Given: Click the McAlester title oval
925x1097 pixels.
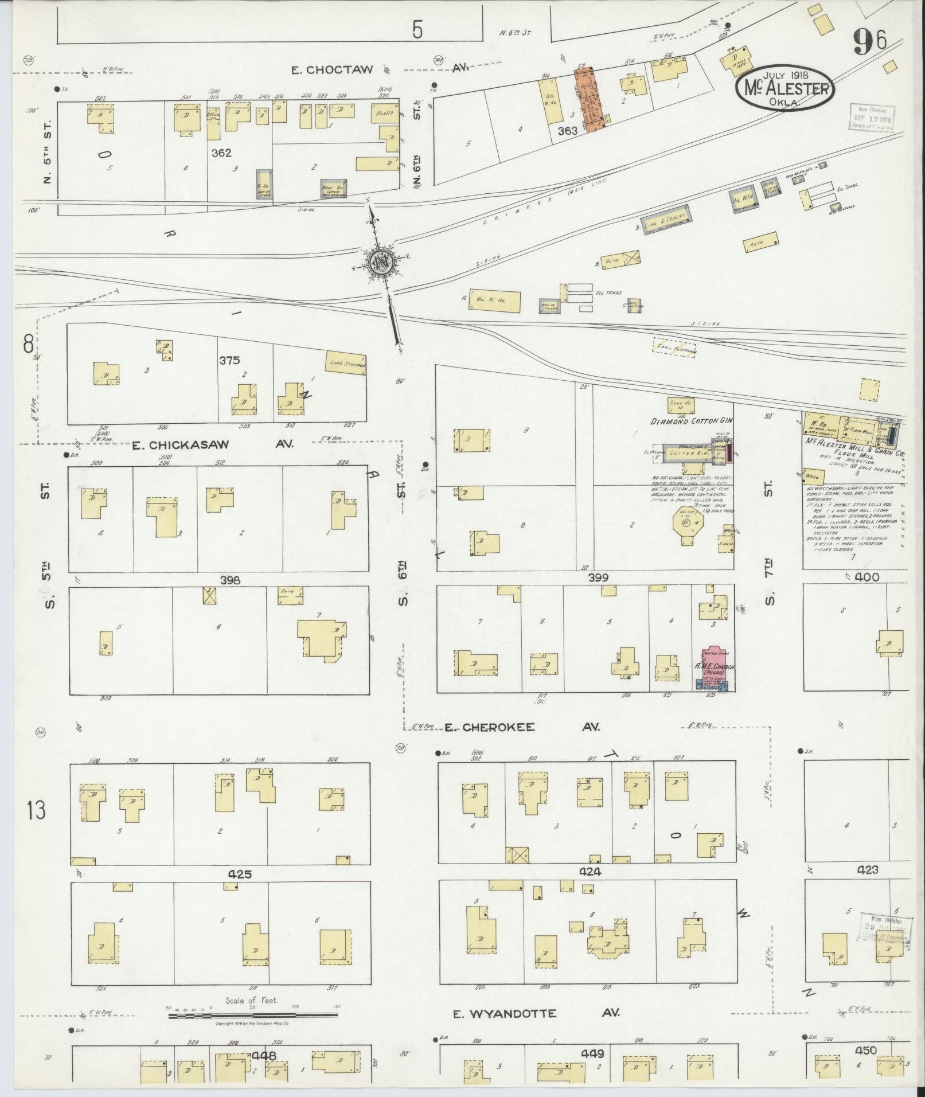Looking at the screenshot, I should [785, 89].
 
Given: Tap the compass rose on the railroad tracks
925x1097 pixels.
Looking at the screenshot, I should [383, 263].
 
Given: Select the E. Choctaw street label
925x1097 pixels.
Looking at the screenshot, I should [332, 70].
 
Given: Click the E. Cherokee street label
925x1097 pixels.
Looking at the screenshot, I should [490, 727].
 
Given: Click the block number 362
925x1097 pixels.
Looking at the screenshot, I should [221, 153].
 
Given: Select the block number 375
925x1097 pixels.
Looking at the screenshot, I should [229, 361].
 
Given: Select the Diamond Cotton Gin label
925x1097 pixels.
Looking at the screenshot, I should [690, 421].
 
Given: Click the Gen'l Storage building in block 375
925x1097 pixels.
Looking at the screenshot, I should [346, 362].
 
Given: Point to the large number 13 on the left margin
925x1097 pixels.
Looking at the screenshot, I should [36, 811].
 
